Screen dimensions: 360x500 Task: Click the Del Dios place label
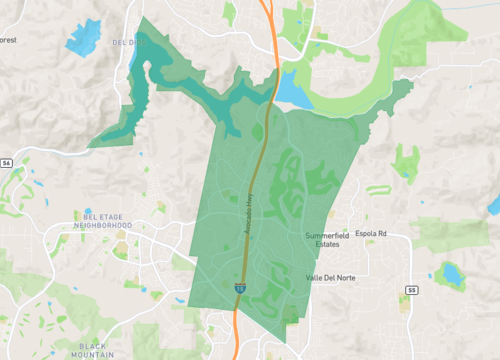click(x=131, y=43)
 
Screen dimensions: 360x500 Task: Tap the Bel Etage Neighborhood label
click(x=108, y=220)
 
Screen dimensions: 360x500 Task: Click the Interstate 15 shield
click(x=241, y=286)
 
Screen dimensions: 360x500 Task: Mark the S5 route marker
click(x=411, y=290)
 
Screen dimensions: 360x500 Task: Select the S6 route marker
click(x=6, y=162)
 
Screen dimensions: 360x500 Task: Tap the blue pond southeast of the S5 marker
click(x=452, y=273)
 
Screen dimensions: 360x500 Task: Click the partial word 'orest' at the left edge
click(x=9, y=41)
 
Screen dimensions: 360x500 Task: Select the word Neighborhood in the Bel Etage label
click(x=108, y=225)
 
